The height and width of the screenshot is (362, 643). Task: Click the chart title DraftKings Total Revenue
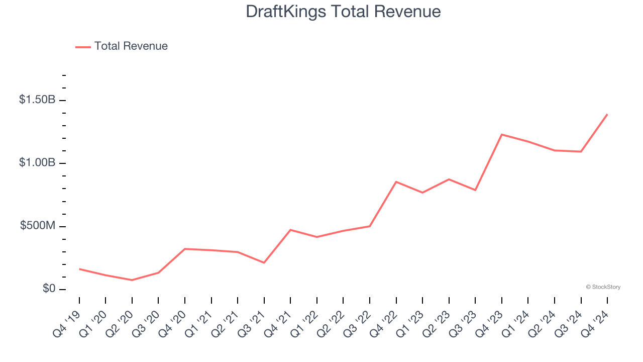click(343, 12)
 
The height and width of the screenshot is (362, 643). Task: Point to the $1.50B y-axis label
click(37, 100)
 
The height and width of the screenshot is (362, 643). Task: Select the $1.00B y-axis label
click(37, 163)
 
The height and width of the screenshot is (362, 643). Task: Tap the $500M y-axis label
click(38, 226)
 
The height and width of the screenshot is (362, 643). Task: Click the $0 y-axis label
click(48, 289)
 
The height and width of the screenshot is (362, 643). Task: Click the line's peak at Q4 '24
click(607, 114)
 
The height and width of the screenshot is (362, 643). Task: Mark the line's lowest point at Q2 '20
click(132, 280)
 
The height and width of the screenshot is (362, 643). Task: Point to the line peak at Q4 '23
click(502, 134)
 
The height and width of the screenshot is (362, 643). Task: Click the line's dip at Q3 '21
click(264, 262)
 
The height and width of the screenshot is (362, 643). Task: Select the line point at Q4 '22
click(396, 182)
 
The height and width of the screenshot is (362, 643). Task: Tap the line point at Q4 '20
click(185, 249)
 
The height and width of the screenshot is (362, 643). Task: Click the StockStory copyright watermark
click(603, 287)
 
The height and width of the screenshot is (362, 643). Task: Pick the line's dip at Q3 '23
click(475, 190)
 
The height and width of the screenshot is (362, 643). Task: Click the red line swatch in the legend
click(83, 47)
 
